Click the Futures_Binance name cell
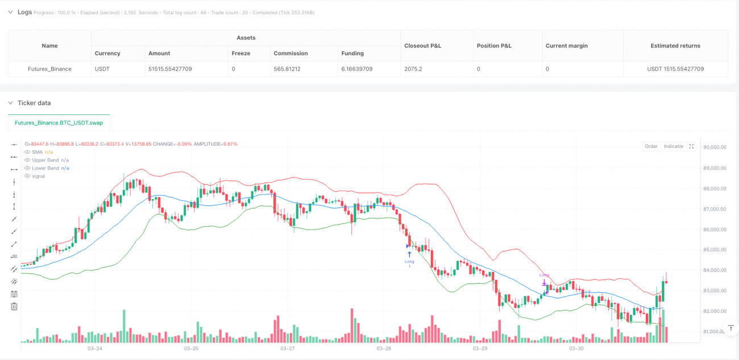(49, 69)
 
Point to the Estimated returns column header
(675, 45)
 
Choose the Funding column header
(352, 53)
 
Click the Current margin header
(566, 45)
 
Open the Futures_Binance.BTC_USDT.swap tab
(59, 123)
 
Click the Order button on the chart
(651, 146)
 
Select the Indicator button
(674, 146)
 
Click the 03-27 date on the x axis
(288, 348)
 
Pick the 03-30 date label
(576, 348)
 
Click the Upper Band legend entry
(45, 160)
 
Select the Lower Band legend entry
(45, 168)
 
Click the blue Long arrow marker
(409, 254)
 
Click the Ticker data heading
(34, 103)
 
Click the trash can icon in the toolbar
(14, 307)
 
